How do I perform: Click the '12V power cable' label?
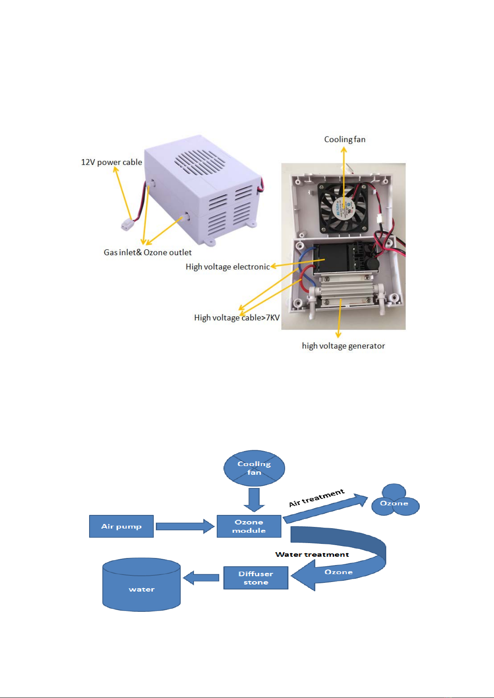point(111,162)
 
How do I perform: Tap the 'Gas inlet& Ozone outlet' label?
point(148,252)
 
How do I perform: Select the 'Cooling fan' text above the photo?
point(345,140)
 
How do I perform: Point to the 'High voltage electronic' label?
point(228,267)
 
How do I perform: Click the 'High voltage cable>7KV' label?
point(237,318)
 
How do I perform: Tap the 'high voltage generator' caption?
point(343,346)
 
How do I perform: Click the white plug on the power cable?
point(128,225)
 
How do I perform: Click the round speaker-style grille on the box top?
point(199,162)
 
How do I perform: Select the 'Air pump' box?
point(121,526)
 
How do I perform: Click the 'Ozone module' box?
point(249,526)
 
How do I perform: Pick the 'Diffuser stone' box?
point(256,578)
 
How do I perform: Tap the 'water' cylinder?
point(141,584)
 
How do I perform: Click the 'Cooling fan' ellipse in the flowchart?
point(254,468)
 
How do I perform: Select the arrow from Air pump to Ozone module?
point(185,527)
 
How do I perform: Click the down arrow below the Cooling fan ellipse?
point(254,500)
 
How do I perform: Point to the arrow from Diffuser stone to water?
point(201,578)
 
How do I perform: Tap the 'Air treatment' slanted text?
point(317,498)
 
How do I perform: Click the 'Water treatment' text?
point(312,554)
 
